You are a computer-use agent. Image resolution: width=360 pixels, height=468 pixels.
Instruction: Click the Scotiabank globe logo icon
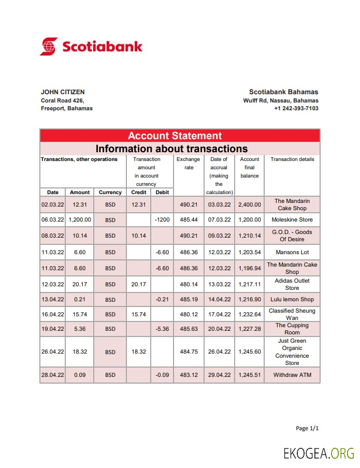pyautogui.click(x=49, y=46)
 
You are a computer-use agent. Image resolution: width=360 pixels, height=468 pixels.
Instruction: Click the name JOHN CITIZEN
pyautogui.click(x=63, y=92)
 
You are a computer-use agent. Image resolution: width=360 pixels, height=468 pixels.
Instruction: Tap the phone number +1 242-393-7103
pyautogui.click(x=296, y=109)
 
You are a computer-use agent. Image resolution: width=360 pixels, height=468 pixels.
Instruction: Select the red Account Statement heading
pyautogui.click(x=175, y=136)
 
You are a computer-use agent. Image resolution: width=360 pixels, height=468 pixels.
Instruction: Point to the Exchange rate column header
pyautogui.click(x=188, y=163)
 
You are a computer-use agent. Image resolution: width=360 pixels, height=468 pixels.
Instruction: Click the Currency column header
pyautogui.click(x=110, y=193)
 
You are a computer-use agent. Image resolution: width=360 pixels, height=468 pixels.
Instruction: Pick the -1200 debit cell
pyautogui.click(x=163, y=220)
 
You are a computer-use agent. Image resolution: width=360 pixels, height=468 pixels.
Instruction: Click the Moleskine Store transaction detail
pyautogui.click(x=292, y=220)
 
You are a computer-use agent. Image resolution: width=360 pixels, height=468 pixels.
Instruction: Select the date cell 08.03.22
pyautogui.click(x=53, y=236)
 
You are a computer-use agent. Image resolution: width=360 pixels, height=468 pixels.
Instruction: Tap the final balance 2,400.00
pyautogui.click(x=249, y=205)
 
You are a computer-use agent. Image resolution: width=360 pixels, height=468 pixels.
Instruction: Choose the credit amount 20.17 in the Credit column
pyautogui.click(x=139, y=285)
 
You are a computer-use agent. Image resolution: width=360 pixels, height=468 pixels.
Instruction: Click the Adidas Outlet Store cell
pyautogui.click(x=292, y=284)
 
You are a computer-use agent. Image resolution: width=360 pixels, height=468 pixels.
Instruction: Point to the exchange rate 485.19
pyautogui.click(x=189, y=300)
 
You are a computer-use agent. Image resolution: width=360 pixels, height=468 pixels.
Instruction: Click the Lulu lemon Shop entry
pyautogui.click(x=292, y=300)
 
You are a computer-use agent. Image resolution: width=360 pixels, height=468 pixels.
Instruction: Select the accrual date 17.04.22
pyautogui.click(x=219, y=315)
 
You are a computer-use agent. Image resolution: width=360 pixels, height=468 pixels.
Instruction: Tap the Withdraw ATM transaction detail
pyautogui.click(x=292, y=375)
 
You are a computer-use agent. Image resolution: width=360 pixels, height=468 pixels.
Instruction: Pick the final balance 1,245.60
pyautogui.click(x=249, y=352)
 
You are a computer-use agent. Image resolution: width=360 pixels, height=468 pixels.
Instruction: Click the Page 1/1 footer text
pyautogui.click(x=307, y=429)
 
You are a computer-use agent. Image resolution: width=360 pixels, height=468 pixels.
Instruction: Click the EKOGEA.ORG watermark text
pyautogui.click(x=319, y=454)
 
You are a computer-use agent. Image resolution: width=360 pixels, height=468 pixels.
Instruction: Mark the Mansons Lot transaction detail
pyautogui.click(x=292, y=253)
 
